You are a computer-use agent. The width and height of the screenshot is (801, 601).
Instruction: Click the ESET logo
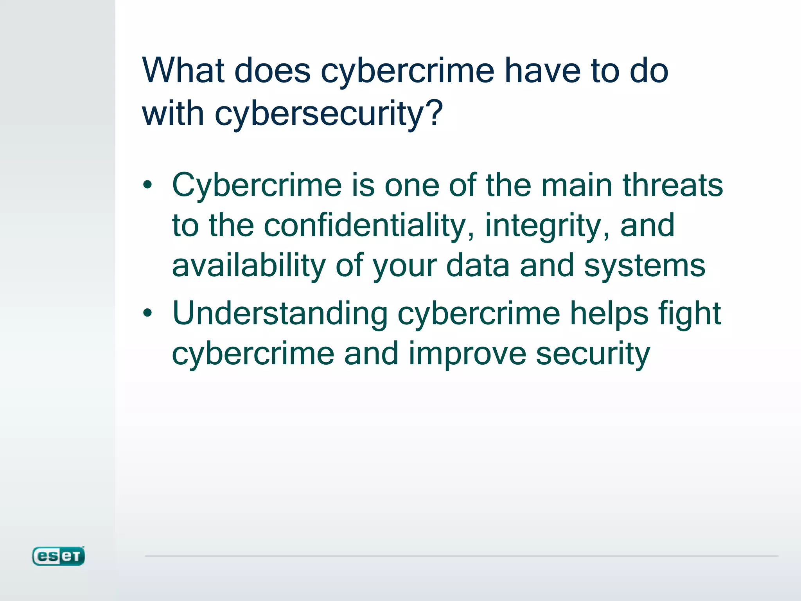(58, 556)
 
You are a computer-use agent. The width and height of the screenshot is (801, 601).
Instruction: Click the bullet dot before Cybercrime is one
(147, 185)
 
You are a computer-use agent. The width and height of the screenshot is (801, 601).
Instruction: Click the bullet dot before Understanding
(147, 313)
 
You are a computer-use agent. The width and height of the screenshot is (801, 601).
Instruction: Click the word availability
(249, 266)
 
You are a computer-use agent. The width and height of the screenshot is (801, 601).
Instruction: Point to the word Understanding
(280, 314)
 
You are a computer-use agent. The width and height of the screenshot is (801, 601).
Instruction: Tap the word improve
(467, 354)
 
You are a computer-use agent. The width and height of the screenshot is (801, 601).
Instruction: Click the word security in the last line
(593, 354)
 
